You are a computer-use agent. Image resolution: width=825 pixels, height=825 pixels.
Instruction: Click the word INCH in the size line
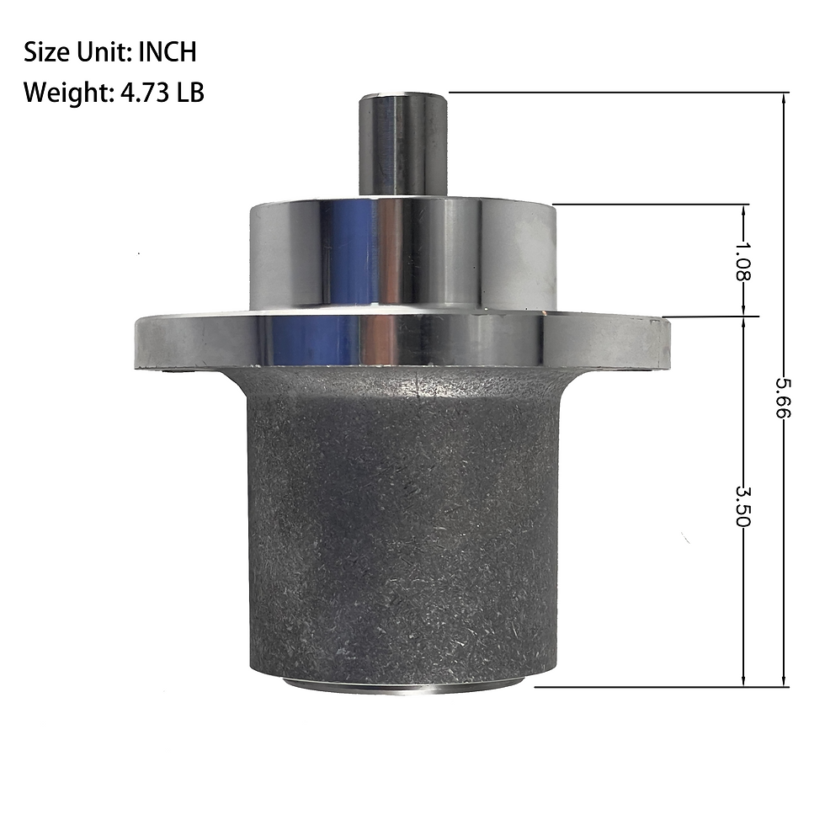(x=168, y=52)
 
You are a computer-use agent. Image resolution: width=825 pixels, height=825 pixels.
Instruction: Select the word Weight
(x=66, y=93)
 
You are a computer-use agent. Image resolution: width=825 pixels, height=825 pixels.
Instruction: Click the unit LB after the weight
(x=190, y=93)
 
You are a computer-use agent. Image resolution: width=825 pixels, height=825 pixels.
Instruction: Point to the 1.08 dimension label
(x=742, y=260)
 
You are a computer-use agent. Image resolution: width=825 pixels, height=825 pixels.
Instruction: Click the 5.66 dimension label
(x=784, y=397)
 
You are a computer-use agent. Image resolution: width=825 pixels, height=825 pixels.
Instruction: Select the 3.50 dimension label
(x=742, y=507)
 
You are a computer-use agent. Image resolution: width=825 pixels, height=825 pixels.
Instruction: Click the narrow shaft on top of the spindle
(x=403, y=145)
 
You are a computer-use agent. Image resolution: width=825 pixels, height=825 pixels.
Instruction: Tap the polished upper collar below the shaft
(x=402, y=256)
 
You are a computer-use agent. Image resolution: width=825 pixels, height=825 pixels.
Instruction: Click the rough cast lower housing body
(x=402, y=526)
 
